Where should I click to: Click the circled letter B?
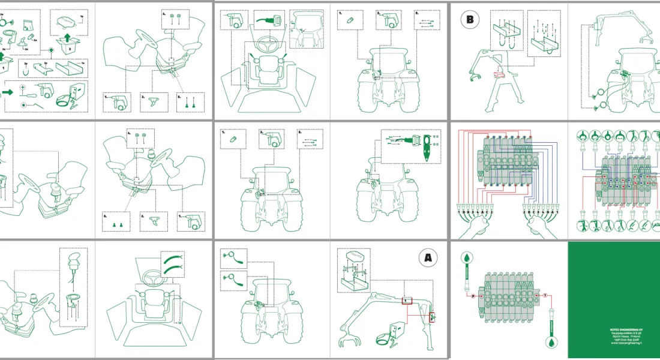[470, 20]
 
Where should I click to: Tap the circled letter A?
[428, 258]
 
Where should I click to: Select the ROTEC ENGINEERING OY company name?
[613, 329]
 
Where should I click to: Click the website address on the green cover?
[613, 343]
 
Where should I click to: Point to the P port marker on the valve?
[473, 296]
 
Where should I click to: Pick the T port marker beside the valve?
[545, 296]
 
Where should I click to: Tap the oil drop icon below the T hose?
[550, 343]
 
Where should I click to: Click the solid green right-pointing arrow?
[8, 92]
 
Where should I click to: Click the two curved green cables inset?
[172, 261]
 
